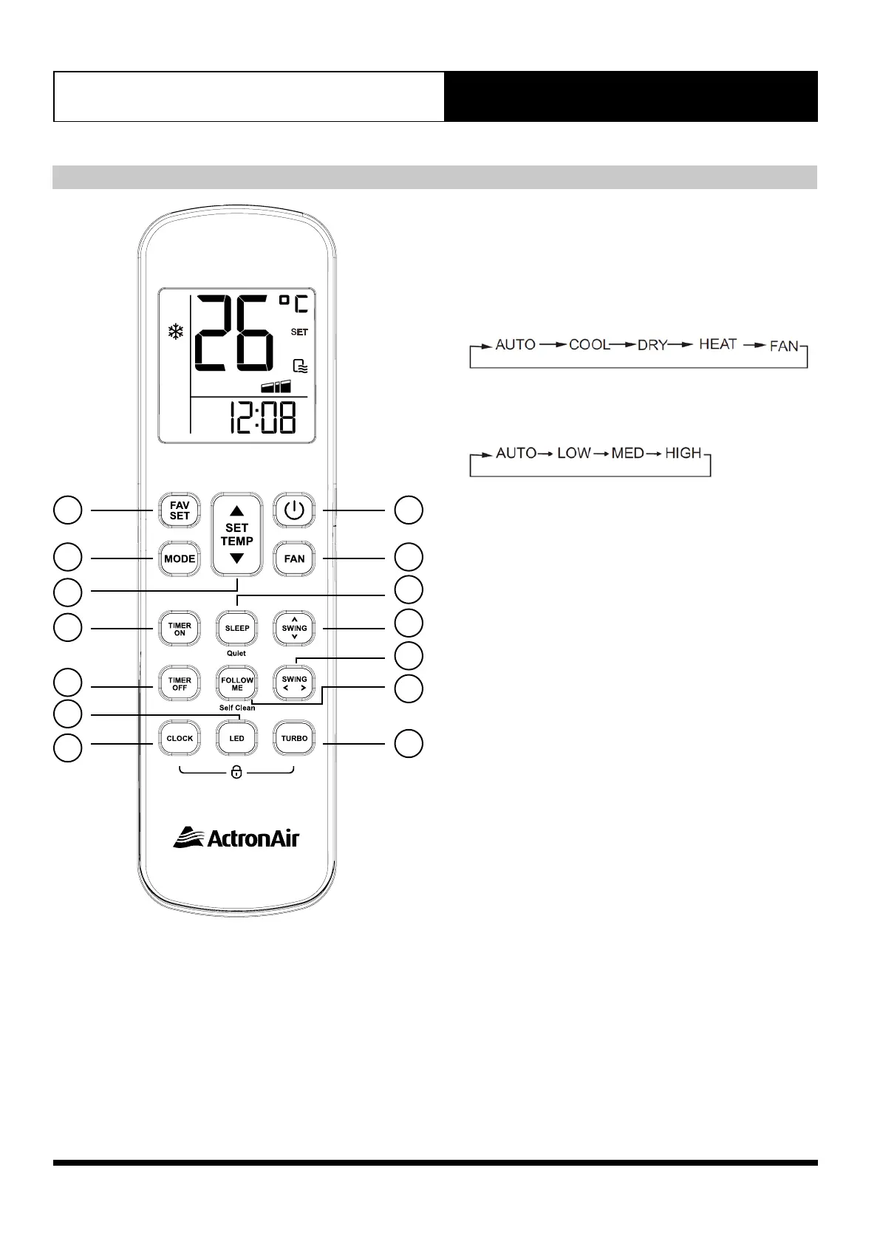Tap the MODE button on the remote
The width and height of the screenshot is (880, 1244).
point(180,558)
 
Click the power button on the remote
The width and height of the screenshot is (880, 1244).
point(294,510)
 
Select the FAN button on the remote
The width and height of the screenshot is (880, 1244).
point(294,558)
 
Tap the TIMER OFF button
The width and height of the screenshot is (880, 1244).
point(180,683)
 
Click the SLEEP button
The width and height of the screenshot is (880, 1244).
point(237,628)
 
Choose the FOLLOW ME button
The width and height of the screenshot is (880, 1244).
point(237,683)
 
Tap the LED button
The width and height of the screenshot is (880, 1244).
point(237,738)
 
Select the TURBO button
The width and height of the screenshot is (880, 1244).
point(294,738)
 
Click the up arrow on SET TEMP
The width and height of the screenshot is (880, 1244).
point(236,510)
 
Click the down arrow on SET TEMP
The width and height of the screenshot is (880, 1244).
point(236,558)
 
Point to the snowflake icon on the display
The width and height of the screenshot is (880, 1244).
point(175,332)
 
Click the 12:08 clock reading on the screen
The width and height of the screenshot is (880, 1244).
point(262,417)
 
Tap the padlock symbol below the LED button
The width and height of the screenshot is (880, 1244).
point(236,773)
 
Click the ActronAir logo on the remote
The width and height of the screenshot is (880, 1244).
point(236,838)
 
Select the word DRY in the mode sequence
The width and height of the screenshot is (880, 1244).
point(652,345)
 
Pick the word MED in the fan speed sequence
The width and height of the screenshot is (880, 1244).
point(627,453)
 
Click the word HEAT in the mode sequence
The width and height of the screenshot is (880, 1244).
point(717,344)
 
